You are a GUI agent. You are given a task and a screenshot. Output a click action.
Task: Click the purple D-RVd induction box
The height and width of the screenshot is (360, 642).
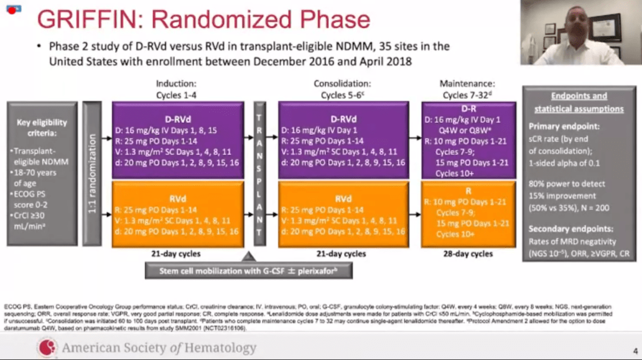coord(178,140)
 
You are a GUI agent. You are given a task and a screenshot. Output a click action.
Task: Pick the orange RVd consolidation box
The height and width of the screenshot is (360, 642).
coord(343,214)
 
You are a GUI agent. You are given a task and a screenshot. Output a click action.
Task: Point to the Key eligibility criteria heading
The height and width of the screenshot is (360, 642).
coord(42,127)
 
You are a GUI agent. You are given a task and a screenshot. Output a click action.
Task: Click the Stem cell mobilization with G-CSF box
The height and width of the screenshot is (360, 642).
coord(248,271)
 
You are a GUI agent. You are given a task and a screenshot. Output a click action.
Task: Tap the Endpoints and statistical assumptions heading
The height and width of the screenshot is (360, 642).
coord(578,102)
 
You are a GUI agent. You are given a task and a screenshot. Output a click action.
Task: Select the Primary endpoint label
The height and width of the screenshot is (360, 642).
coord(562,127)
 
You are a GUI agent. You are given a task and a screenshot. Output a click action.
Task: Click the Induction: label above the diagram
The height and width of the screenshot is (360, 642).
coord(176,84)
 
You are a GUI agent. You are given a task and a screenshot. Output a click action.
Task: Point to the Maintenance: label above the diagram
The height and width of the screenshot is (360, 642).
coord(467,84)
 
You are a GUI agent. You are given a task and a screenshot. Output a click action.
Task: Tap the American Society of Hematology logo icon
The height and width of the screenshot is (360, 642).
coord(46,348)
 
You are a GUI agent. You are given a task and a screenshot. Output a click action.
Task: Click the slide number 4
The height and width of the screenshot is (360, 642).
coord(635,350)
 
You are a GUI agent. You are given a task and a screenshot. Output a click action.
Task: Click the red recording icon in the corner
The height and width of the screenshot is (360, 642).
coord(12,10)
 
